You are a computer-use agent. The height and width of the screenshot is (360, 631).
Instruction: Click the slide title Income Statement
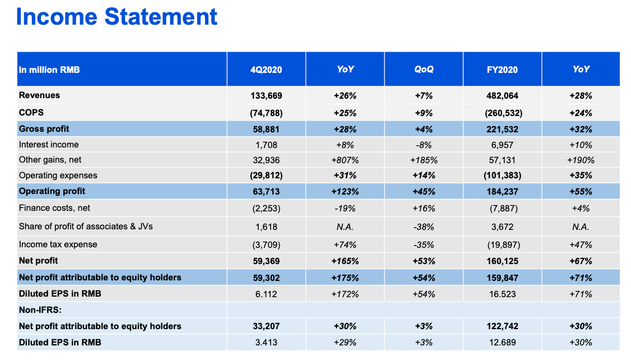[117, 17]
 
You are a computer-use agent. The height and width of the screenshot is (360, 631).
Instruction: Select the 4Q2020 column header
[266, 70]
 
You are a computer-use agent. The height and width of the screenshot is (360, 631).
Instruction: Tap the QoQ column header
[424, 70]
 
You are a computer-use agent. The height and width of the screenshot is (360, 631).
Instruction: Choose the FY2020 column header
[502, 70]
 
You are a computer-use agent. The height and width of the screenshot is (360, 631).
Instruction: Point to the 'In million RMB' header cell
[49, 70]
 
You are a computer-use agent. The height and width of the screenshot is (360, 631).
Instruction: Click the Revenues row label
[39, 95]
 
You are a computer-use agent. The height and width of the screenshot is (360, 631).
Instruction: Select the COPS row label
[31, 112]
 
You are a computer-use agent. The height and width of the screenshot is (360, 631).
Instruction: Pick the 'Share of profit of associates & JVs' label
[86, 227]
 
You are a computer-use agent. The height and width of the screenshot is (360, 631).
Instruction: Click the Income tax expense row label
[58, 244]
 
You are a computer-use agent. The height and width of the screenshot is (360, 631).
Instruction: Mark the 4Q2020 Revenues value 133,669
[266, 96]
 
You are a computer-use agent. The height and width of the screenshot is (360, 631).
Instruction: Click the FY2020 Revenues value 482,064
[502, 96]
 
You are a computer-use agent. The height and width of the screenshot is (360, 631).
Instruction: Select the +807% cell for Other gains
[345, 160]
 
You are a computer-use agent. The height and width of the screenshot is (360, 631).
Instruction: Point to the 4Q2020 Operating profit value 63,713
[266, 191]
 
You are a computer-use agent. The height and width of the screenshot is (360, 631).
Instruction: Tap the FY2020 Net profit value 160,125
[502, 261]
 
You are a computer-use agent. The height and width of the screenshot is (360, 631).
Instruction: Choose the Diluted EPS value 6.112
[266, 294]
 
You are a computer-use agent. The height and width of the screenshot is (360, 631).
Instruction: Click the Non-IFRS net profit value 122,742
[502, 326]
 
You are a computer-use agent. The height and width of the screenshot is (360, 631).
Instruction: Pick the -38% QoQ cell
[424, 227]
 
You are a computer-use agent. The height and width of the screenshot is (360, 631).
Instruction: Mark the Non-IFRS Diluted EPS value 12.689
[502, 342]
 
